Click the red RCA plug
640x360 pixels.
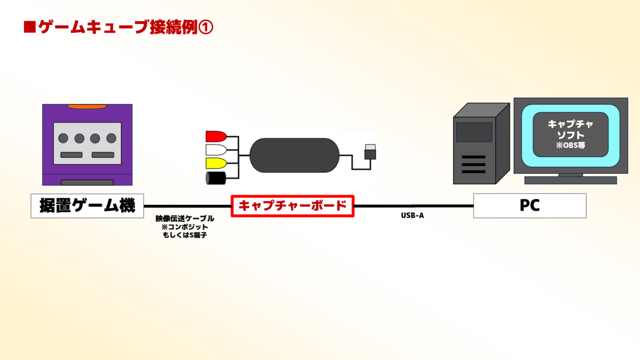pyautogui.click(x=216, y=137)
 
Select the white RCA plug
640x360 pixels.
pyautogui.click(x=216, y=150)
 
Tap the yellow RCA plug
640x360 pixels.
pyautogui.click(x=216, y=163)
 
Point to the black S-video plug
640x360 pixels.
pyautogui.click(x=215, y=178)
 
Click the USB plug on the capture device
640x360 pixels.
pyautogui.click(x=370, y=151)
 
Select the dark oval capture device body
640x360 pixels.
pyautogui.click(x=294, y=155)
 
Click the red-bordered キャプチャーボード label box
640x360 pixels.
pyautogui.click(x=293, y=206)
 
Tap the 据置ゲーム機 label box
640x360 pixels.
pyautogui.click(x=87, y=206)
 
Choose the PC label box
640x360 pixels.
pyautogui.click(x=530, y=206)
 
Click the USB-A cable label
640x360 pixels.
pyautogui.click(x=412, y=215)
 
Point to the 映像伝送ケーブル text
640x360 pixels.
pyautogui.click(x=185, y=219)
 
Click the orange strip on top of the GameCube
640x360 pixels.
pyautogui.click(x=87, y=107)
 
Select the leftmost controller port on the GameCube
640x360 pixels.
pyautogui.click(x=63, y=138)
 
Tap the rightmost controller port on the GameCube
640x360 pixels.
pyautogui.click(x=111, y=138)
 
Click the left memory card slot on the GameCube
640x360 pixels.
pyautogui.click(x=71, y=155)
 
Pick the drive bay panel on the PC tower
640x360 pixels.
pyautogui.click(x=474, y=132)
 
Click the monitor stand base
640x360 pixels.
pyautogui.click(x=571, y=180)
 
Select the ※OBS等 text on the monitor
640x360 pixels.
pyautogui.click(x=570, y=146)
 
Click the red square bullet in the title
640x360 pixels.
pyautogui.click(x=30, y=27)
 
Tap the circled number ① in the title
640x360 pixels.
pyautogui.click(x=206, y=28)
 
